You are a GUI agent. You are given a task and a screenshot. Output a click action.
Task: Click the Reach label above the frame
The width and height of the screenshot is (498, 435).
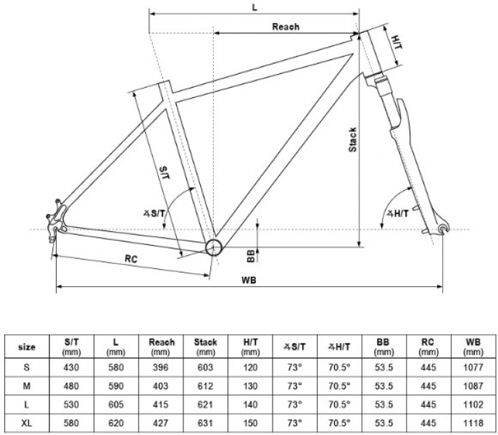[286, 27]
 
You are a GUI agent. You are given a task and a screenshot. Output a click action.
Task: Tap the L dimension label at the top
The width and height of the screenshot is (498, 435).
[254, 8]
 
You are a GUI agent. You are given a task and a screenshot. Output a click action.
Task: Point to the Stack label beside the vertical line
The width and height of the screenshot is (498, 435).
[352, 140]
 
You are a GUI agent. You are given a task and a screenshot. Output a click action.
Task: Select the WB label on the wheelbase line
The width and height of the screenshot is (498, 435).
[249, 281]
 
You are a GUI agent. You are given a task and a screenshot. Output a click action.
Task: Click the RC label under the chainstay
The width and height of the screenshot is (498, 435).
[131, 259]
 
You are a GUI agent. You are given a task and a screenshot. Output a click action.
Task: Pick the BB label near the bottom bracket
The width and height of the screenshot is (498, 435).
[251, 256]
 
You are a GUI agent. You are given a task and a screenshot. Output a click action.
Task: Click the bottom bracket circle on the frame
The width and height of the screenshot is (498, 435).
[213, 247]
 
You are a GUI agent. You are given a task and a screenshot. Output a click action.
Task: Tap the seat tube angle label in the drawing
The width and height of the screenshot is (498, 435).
[154, 214]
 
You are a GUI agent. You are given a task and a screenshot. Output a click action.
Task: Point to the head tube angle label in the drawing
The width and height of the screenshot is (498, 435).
[398, 214]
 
